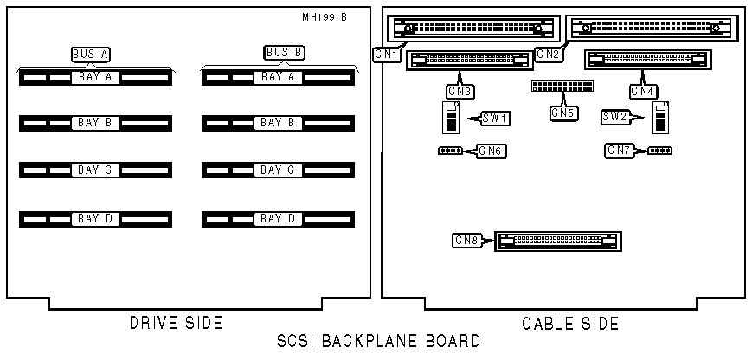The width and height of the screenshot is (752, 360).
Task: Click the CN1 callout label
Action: (x=386, y=54)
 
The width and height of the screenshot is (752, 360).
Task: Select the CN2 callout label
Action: (x=548, y=54)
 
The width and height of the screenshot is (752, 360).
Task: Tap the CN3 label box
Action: (x=460, y=90)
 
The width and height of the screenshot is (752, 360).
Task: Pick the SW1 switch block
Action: (x=450, y=118)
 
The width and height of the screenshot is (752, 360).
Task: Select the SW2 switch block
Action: (x=661, y=117)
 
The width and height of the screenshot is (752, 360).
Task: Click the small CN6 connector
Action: (x=450, y=151)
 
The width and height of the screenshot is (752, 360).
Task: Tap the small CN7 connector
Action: (x=660, y=151)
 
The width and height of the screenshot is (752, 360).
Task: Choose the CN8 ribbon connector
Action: (x=558, y=241)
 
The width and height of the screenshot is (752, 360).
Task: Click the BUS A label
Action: (x=91, y=54)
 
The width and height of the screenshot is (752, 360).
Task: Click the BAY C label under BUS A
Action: (x=95, y=170)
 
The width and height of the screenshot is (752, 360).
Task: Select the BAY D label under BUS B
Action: (x=278, y=219)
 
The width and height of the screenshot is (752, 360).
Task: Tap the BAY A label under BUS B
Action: (x=278, y=78)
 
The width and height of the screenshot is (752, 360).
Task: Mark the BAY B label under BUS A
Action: (x=95, y=123)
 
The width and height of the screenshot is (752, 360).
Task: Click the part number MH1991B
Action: (x=324, y=17)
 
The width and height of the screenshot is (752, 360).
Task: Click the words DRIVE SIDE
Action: (x=176, y=324)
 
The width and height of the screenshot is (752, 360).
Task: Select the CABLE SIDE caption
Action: (x=570, y=324)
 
